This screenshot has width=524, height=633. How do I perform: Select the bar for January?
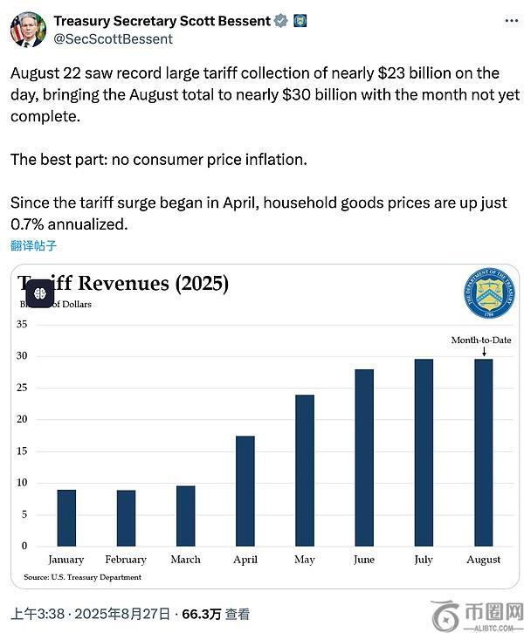coord(66,518)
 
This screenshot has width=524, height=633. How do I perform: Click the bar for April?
coord(245,491)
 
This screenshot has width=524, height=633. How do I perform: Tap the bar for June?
coord(364,458)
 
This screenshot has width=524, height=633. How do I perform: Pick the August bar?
coord(483,452)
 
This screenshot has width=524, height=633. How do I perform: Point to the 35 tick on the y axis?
coord(23,325)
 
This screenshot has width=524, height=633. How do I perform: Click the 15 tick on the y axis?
coord(23,451)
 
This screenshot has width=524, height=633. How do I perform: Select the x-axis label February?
coord(126,560)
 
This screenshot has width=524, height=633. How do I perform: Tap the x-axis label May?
coord(305,560)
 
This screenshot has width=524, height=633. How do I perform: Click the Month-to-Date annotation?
coord(481,340)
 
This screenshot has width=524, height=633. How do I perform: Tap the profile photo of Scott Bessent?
coord(28,28)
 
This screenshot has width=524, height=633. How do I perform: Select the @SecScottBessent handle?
coord(113,38)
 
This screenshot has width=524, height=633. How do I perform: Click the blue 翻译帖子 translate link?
coord(34,245)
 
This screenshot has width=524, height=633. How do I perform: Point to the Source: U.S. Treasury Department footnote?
coord(82,577)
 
